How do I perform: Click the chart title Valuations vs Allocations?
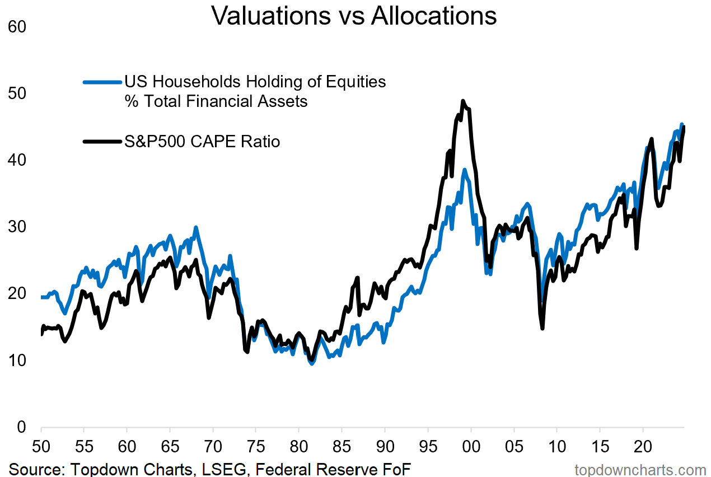click(x=354, y=16)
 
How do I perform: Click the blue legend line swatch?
click(x=102, y=82)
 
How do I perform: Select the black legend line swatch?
click(x=102, y=142)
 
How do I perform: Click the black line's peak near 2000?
click(x=463, y=101)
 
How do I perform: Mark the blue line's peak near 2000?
click(x=464, y=170)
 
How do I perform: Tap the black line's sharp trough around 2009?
click(x=542, y=328)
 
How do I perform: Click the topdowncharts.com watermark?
click(x=640, y=469)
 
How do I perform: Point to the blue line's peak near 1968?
click(x=195, y=228)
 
